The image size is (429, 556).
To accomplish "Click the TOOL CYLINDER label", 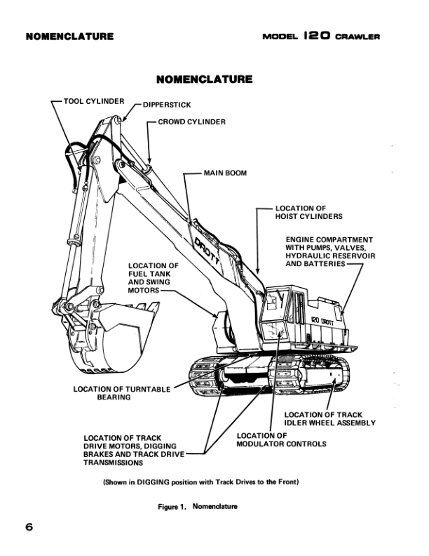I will (93, 101).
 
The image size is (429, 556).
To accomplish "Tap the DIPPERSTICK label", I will (168, 106).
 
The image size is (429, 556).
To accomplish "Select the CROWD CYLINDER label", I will (191, 121).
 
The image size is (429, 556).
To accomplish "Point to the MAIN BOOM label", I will (225, 172).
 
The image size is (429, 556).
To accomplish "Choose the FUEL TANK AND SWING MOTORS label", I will (154, 278).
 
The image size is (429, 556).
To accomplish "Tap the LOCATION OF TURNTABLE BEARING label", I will (122, 393).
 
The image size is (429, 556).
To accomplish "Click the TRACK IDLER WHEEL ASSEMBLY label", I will (329, 418).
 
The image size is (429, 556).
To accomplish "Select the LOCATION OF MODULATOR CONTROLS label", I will (271, 439).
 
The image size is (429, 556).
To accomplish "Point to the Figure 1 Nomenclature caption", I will (198, 506).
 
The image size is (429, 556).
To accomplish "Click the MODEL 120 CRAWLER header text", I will (321, 37).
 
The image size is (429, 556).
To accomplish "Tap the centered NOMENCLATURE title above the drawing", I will (205, 79).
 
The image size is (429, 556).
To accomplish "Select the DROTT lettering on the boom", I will (207, 251).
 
